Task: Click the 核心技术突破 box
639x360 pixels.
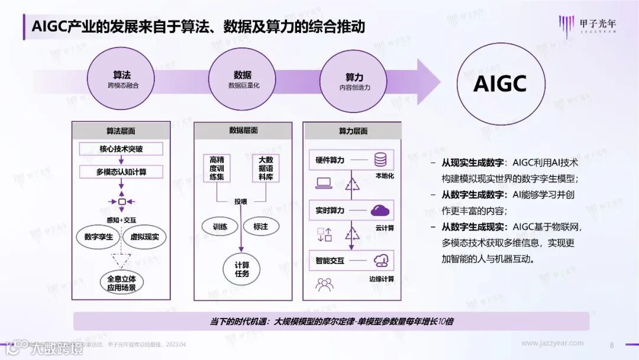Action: [121, 149]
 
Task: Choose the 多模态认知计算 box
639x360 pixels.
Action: [121, 172]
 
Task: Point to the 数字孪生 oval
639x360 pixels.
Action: [99, 237]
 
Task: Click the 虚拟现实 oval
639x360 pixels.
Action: [144, 237]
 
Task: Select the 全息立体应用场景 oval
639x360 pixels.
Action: [121, 283]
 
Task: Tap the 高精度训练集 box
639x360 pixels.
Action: [217, 169]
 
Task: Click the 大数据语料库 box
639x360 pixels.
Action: [264, 169]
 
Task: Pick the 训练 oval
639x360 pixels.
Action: [220, 226]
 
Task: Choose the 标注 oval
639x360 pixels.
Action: [261, 226]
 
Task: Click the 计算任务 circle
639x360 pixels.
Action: [241, 269]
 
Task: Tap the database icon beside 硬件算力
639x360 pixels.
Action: [380, 160]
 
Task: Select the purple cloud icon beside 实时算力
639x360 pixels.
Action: [380, 210]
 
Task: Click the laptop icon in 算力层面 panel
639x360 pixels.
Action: [324, 184]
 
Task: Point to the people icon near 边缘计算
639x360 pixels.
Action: [324, 285]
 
